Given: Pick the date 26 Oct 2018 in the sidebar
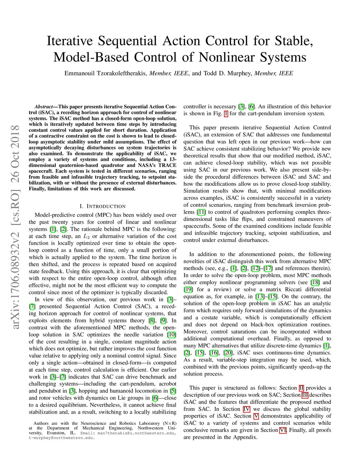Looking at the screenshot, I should click(x=15, y=154).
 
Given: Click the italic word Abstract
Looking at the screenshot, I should click(x=44, y=107).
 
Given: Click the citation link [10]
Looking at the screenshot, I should click(x=172, y=334).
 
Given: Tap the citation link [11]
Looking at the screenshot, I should click(x=201, y=212).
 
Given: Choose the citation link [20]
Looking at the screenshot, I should click(x=228, y=353).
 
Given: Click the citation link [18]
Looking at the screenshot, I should click(x=315, y=282).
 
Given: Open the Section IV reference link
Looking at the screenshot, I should click(x=246, y=409).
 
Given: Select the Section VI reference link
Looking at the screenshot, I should click(x=283, y=430).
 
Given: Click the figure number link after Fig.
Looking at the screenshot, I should click(x=226, y=114).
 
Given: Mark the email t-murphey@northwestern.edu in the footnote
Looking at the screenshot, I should click(x=61, y=438).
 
